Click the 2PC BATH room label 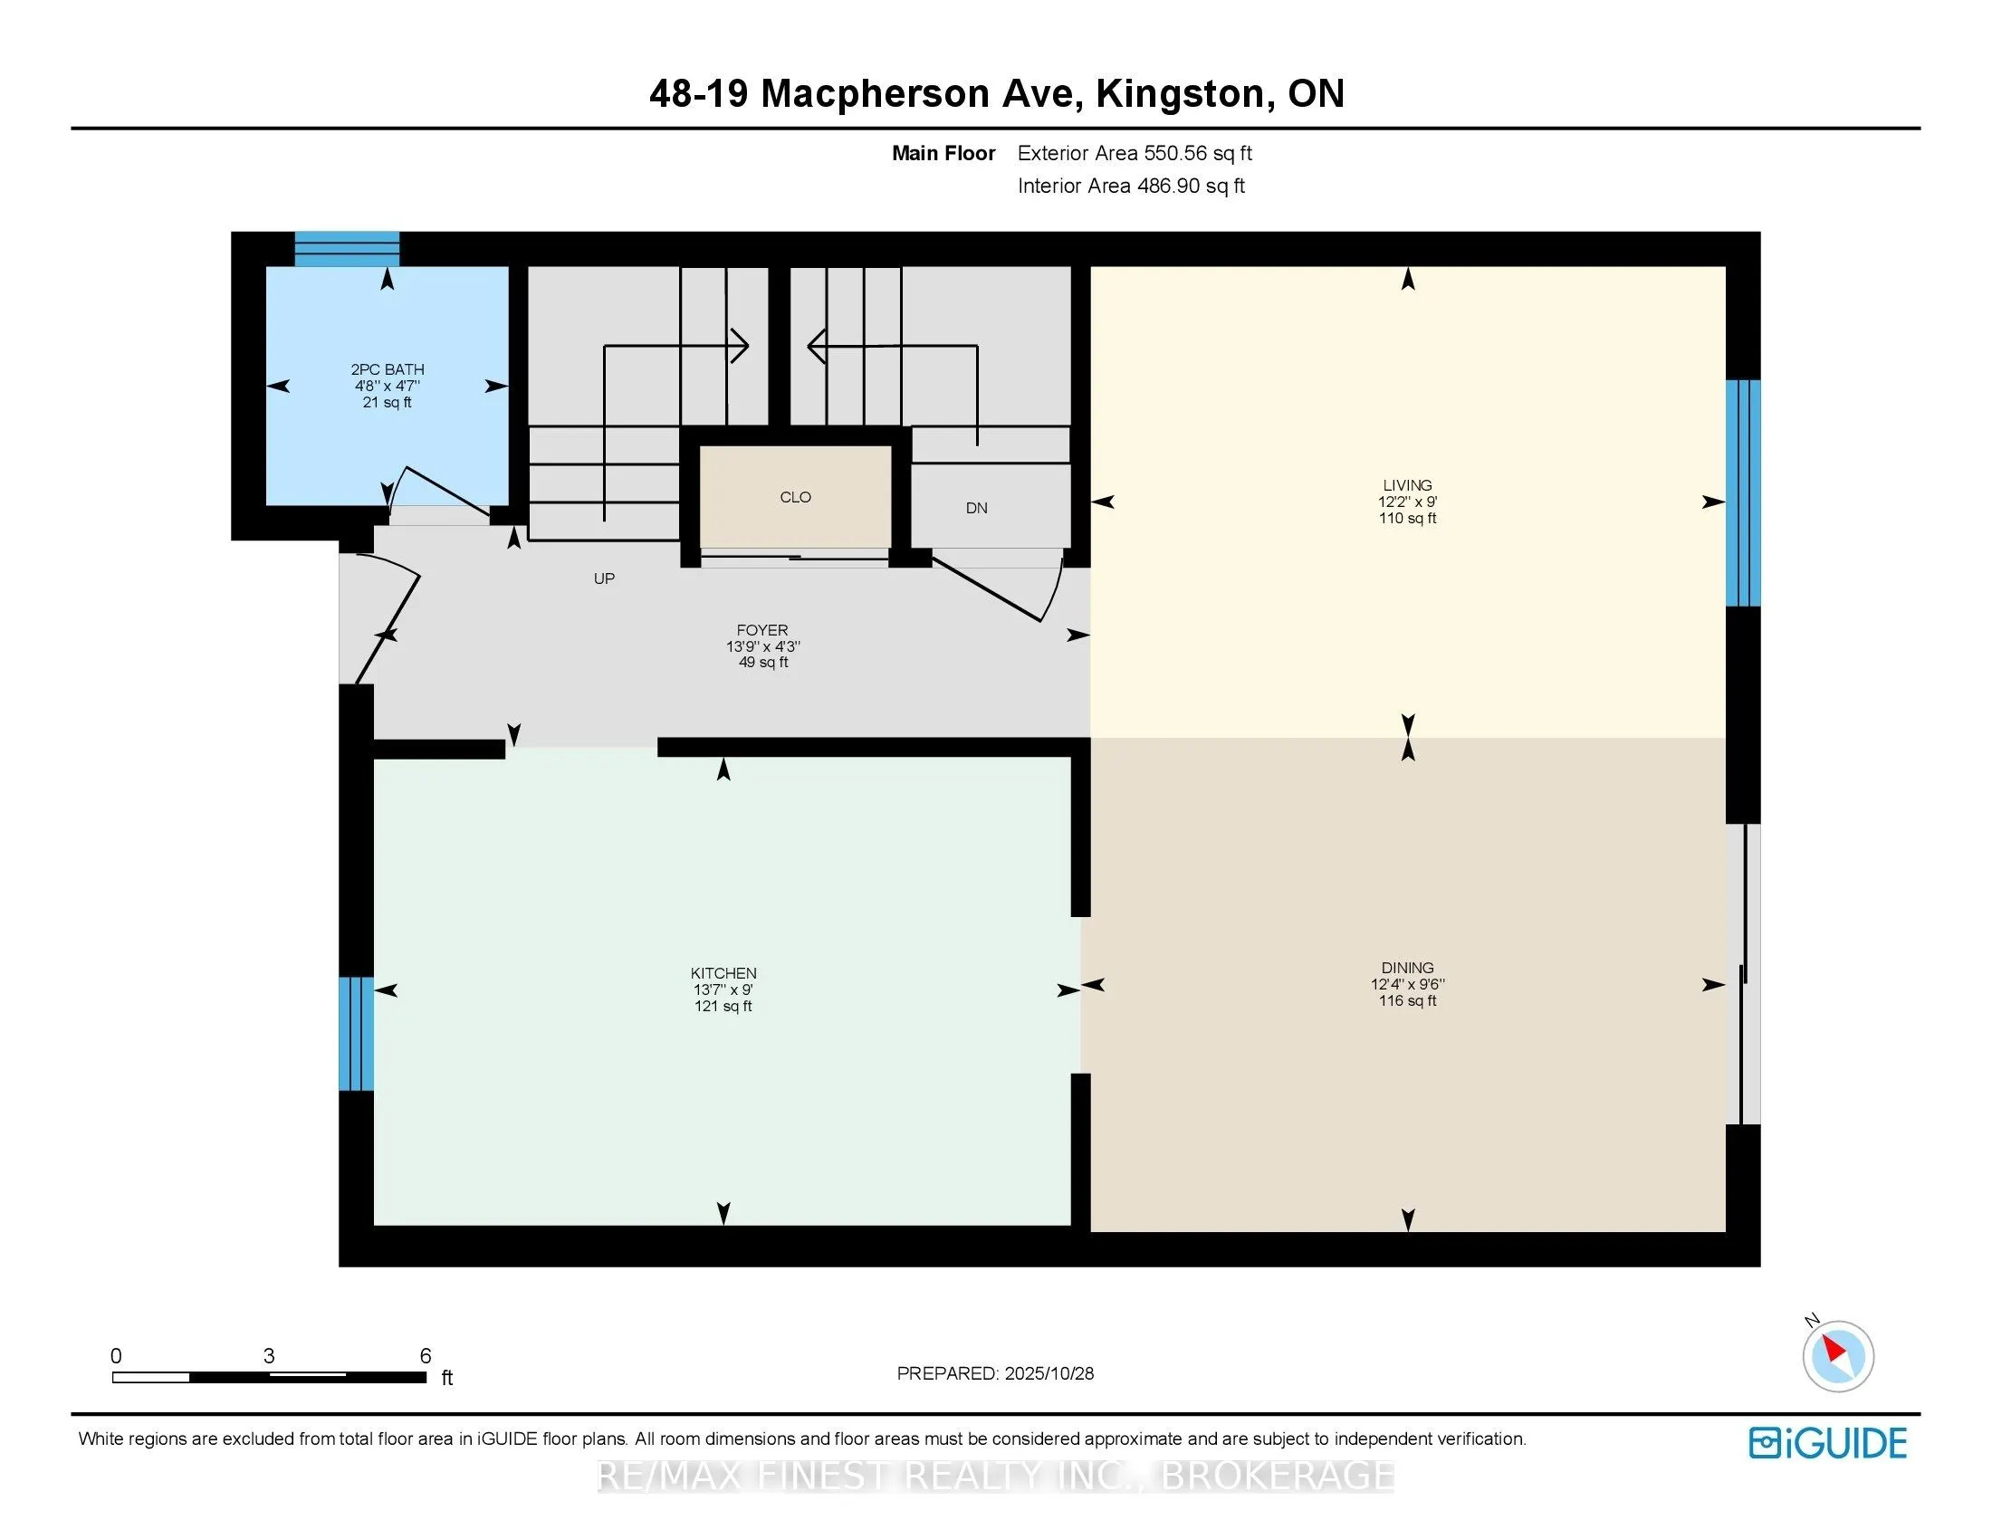coord(387,369)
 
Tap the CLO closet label coord(795,497)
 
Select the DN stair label coord(976,508)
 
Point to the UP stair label coord(604,578)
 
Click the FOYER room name coord(762,630)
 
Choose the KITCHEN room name coord(723,973)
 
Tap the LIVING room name coord(1407,485)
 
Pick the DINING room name coord(1407,968)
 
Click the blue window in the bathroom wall coord(347,249)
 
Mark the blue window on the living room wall coord(1742,493)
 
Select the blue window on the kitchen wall coord(356,1033)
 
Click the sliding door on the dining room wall coord(1743,974)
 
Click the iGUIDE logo coord(1827,1443)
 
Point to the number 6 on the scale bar coord(425,1356)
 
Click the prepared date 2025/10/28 coord(1049,1373)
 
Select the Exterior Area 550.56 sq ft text coord(1135,153)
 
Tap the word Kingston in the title coord(1180,94)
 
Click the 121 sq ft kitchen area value coord(723,1006)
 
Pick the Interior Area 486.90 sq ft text coord(1131,186)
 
